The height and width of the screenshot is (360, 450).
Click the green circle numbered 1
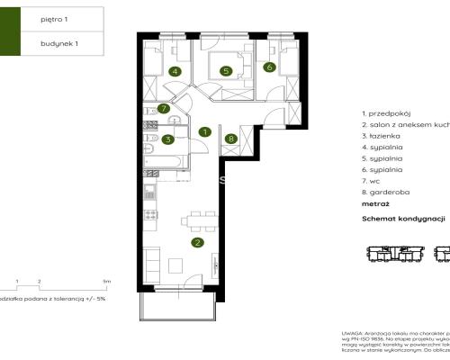(205, 131)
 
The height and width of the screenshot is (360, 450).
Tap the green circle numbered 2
(197, 241)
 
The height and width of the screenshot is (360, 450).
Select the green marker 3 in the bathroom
(168, 139)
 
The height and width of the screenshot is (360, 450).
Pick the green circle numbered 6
(268, 67)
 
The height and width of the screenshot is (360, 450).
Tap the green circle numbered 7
(163, 109)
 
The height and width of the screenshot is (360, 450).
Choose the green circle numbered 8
(232, 139)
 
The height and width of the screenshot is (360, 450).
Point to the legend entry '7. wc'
(373, 180)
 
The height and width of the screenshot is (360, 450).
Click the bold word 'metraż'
(376, 204)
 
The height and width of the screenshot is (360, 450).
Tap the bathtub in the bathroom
(168, 161)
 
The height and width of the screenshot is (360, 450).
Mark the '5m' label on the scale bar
(105, 282)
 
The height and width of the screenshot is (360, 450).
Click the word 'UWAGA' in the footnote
(352, 332)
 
